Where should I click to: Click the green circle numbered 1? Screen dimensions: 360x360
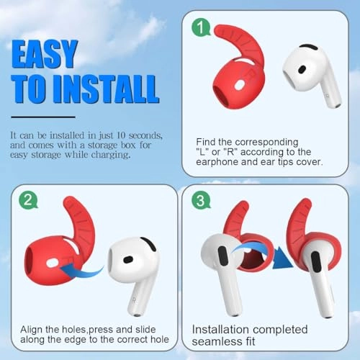202,28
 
